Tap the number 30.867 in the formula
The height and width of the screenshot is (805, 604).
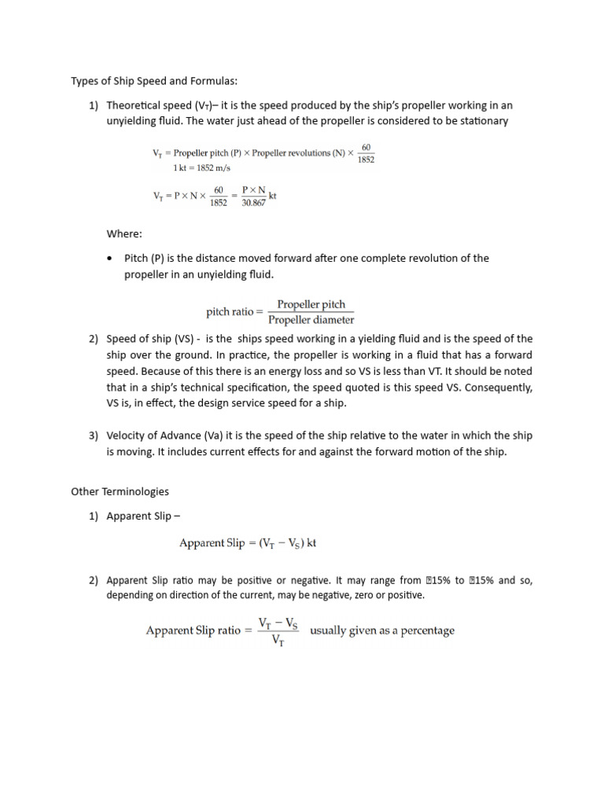click(x=253, y=202)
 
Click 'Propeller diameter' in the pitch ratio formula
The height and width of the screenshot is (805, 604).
click(x=311, y=320)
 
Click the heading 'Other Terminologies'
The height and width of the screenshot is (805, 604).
click(x=120, y=491)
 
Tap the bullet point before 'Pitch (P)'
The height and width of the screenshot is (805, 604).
click(x=110, y=258)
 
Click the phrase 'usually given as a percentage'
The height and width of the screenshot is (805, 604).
click(x=382, y=630)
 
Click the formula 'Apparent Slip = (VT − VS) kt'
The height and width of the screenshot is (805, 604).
click(x=248, y=543)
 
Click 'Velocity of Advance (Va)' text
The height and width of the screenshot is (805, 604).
click(x=167, y=436)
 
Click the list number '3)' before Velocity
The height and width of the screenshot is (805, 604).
click(x=93, y=436)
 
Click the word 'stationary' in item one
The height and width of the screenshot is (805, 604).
click(x=482, y=121)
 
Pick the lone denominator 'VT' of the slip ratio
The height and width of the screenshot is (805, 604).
click(x=278, y=640)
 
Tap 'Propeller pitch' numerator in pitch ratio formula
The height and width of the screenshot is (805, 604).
click(x=311, y=304)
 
